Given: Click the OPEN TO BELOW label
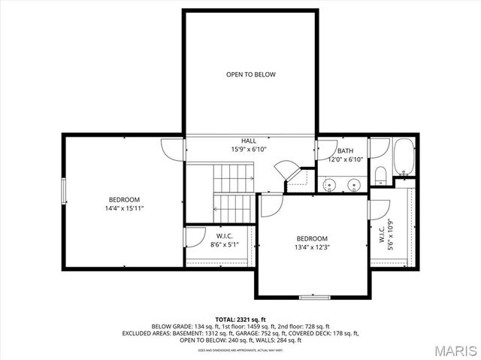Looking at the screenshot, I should (x=251, y=74).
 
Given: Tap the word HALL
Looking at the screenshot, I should (x=248, y=141).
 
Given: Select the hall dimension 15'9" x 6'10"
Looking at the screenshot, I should (x=249, y=150).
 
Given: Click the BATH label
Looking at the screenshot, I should (x=345, y=150).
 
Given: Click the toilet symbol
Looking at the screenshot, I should (x=380, y=175).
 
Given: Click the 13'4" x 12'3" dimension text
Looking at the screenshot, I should (x=312, y=247).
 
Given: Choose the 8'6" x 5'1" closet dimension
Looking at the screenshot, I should (x=224, y=244).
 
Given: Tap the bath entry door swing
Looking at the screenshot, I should (x=325, y=148).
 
